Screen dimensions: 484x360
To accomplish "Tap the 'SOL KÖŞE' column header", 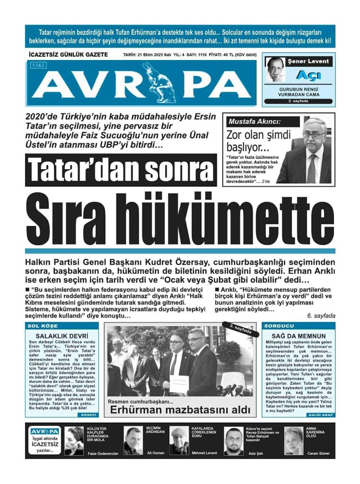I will click(x=43, y=326).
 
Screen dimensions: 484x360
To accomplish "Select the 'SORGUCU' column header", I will click(x=279, y=326).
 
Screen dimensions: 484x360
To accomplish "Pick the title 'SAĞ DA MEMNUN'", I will click(x=299, y=336).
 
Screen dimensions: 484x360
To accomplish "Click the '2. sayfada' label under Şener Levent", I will click(x=299, y=101).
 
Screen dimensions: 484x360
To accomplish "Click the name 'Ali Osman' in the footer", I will click(x=155, y=453).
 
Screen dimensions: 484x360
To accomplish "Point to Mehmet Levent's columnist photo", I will click(x=179, y=441).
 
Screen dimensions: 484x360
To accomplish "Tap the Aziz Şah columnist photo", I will click(x=233, y=441).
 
